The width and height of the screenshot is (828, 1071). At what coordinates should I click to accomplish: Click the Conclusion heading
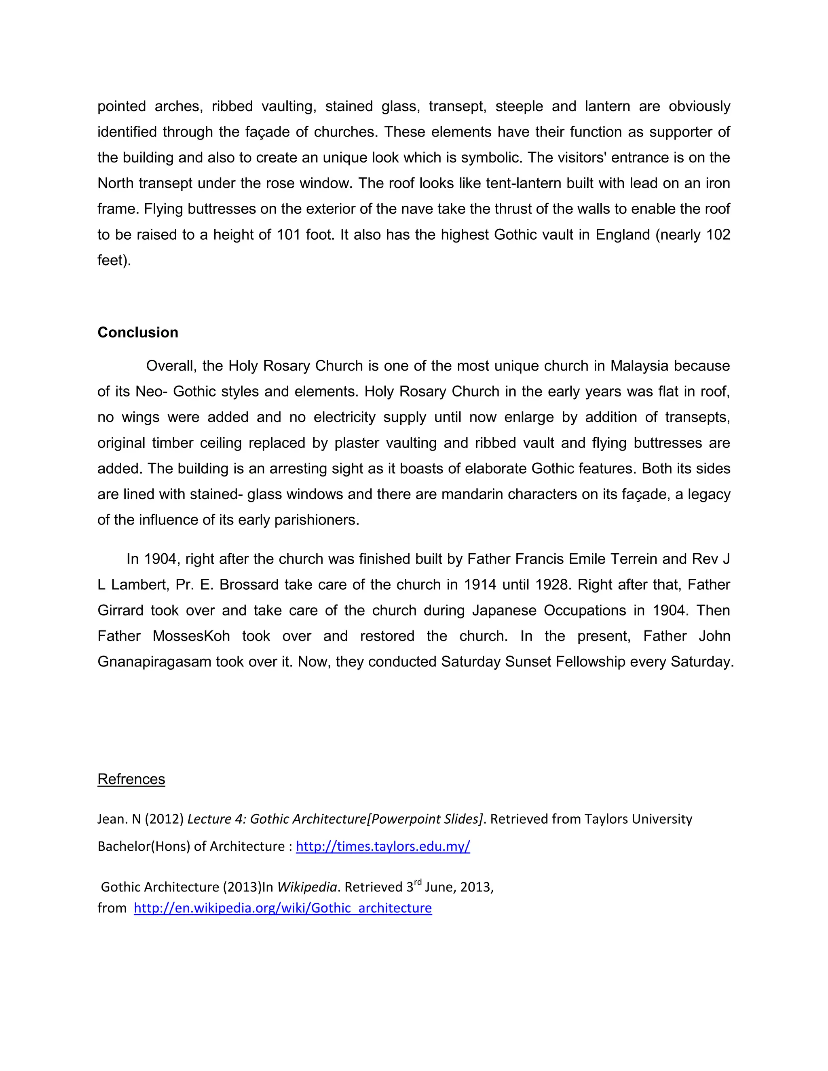tap(138, 333)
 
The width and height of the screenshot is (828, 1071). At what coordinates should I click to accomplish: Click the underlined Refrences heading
tap(131, 779)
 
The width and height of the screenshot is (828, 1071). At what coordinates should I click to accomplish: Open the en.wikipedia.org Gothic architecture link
tap(283, 908)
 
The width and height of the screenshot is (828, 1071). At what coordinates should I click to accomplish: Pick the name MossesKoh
tap(191, 637)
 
